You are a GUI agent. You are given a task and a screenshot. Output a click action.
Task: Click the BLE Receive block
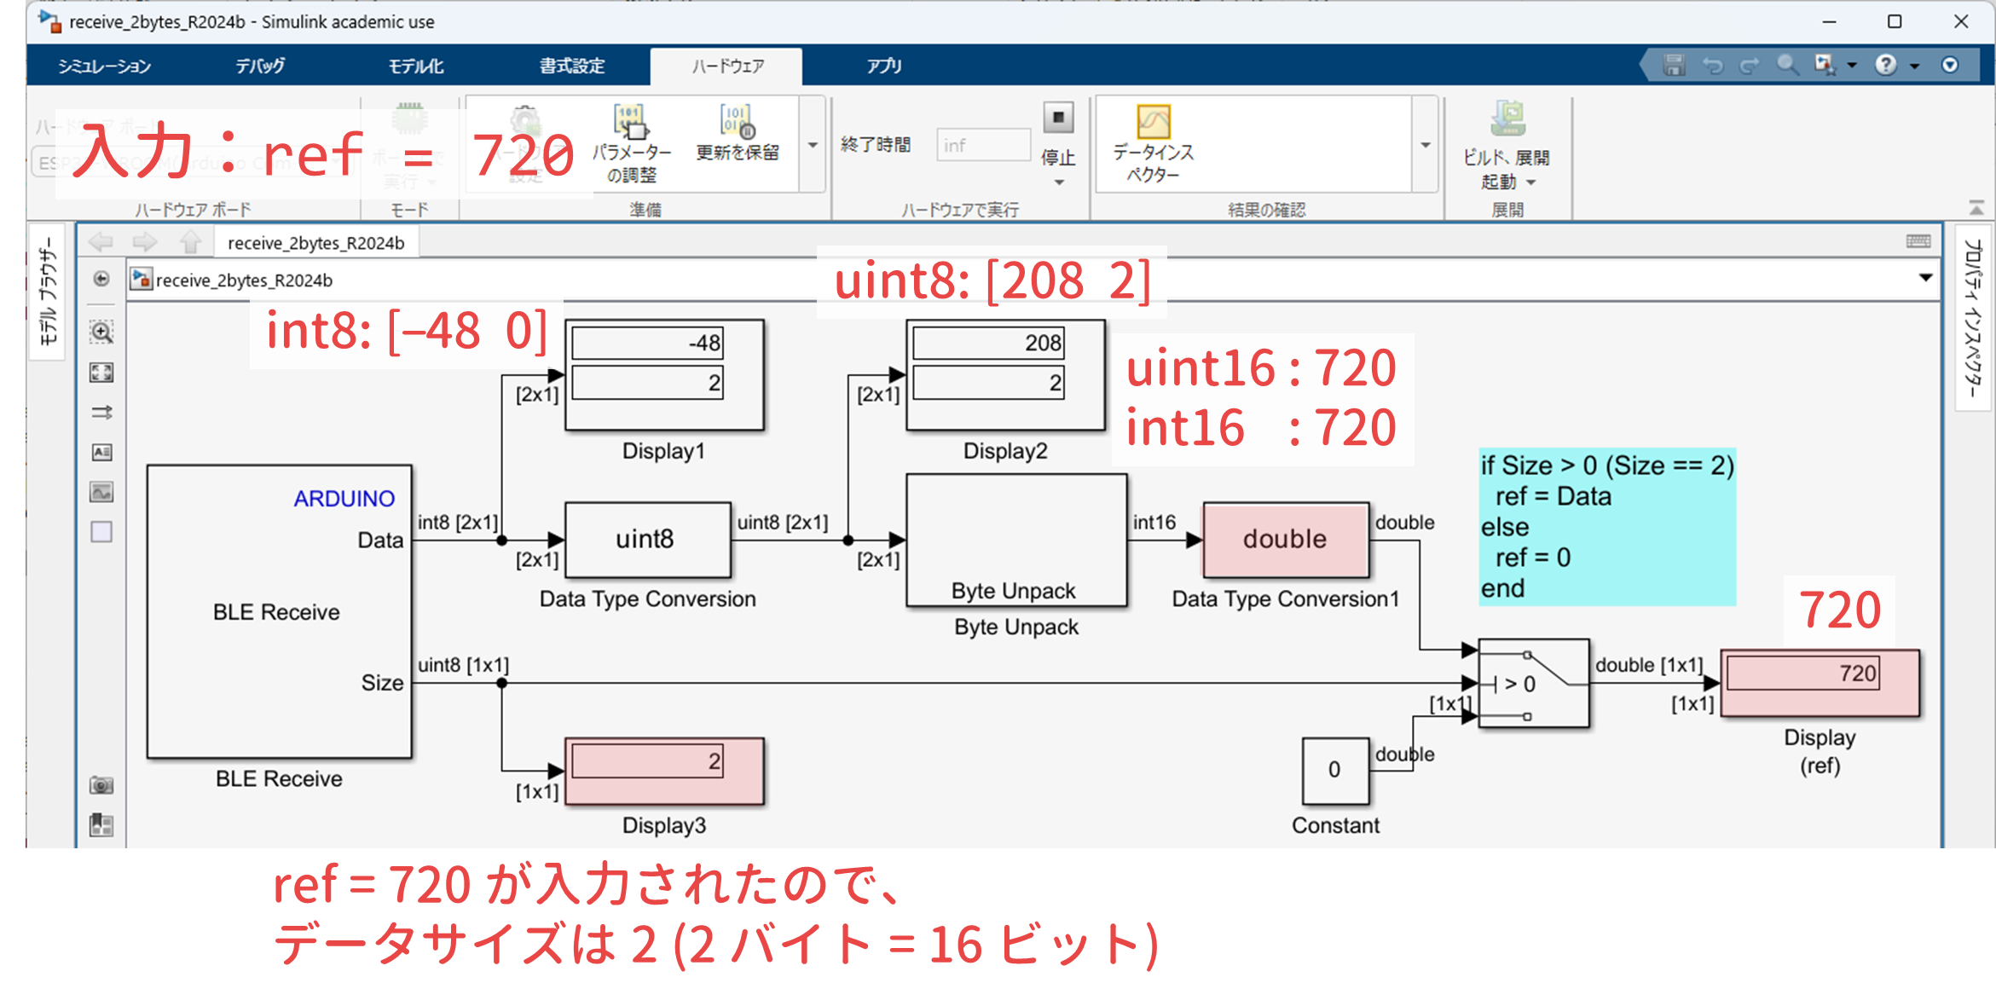[279, 611]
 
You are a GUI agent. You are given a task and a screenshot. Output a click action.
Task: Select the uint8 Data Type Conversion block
[647, 539]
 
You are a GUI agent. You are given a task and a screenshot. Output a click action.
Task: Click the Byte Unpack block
[1015, 541]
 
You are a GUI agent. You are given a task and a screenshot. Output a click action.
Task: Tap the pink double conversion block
[1285, 540]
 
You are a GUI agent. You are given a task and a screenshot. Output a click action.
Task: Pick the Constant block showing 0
[1334, 770]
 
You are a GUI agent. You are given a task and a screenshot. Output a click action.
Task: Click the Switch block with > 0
[1533, 683]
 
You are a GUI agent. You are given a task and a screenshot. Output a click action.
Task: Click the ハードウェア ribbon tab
[726, 66]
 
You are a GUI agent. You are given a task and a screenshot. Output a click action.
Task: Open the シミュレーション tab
[104, 66]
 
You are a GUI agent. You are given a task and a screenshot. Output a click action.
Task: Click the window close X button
[1960, 22]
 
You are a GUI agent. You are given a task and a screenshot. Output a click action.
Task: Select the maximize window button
[1894, 22]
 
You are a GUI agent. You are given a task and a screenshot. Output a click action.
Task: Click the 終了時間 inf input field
[982, 145]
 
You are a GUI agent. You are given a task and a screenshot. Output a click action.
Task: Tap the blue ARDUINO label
[344, 499]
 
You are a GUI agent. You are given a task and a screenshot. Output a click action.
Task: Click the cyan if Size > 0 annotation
[1606, 526]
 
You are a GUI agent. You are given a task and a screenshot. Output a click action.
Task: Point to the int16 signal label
[1154, 523]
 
